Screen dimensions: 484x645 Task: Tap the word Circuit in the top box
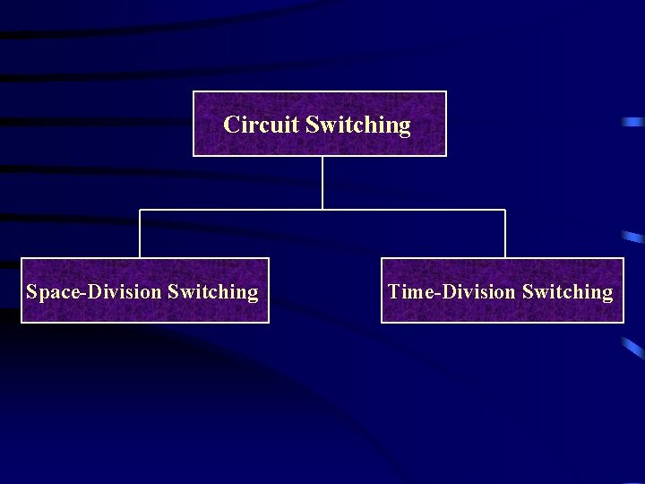262,125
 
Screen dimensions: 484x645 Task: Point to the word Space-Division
94,292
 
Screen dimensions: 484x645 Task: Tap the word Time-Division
452,292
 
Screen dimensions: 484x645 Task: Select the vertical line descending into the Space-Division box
140,234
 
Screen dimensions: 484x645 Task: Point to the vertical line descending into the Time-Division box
505,234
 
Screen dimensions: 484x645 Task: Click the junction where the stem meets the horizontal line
322,210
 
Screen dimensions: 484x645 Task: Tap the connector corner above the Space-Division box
140,210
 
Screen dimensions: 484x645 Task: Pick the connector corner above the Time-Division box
505,210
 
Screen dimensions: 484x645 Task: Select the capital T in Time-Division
394,292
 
